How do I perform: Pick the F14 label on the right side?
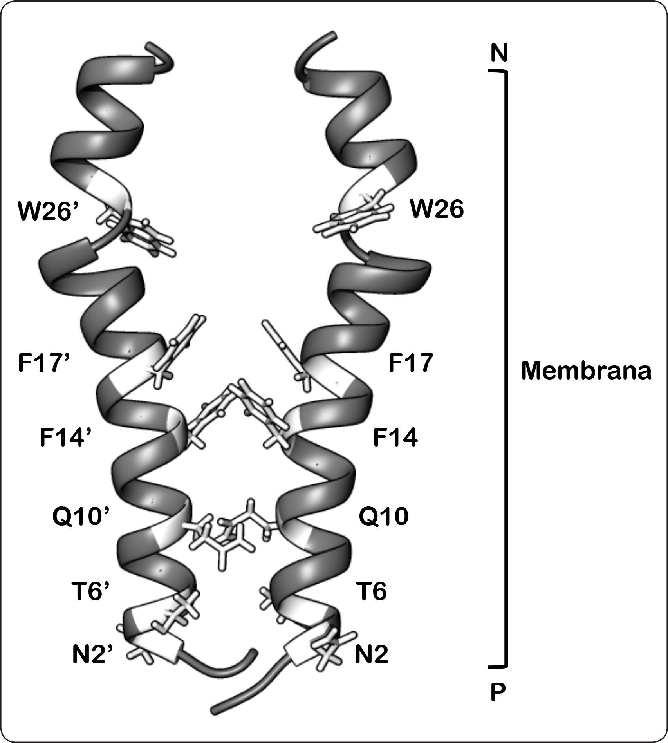point(395,438)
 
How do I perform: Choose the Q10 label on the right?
point(383,517)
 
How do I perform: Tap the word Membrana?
point(586,371)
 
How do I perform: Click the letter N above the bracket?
point(499,53)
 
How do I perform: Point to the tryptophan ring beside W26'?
point(145,235)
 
